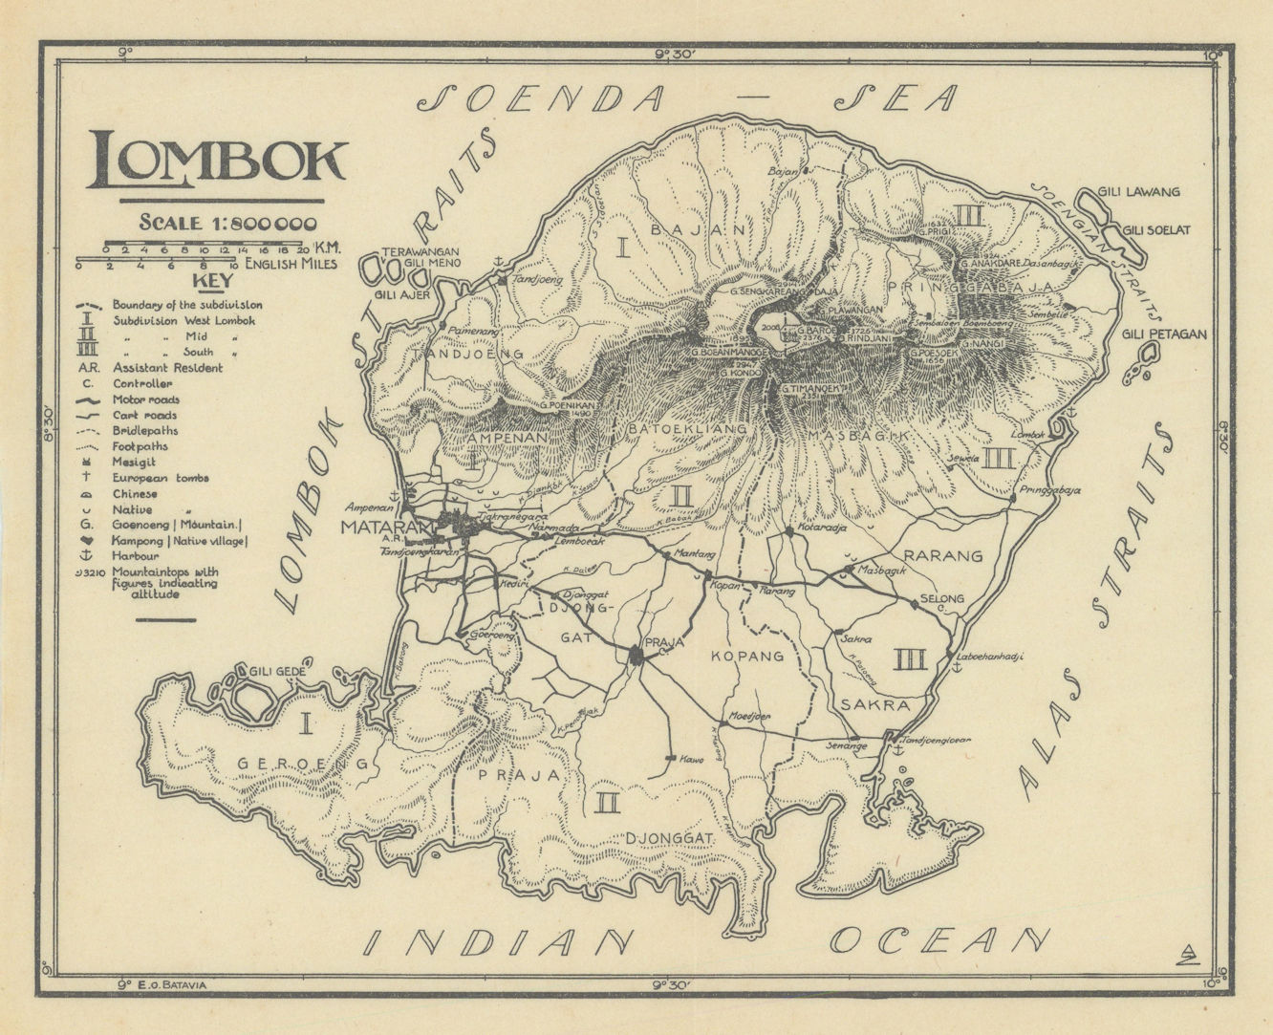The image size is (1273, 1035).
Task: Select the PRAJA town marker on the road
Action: pyautogui.click(x=636, y=655)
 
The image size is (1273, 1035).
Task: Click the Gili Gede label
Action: pyautogui.click(x=277, y=673)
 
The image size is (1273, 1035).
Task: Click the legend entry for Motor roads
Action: pyautogui.click(x=145, y=399)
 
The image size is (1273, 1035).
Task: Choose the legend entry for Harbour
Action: pyautogui.click(x=133, y=556)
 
